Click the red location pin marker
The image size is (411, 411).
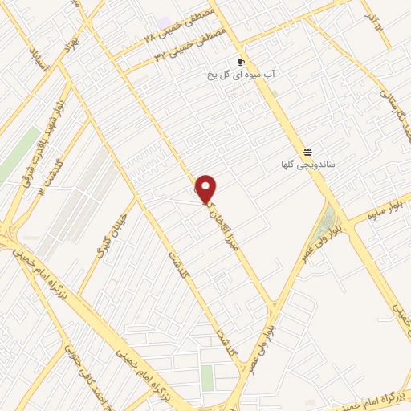coord(206,189)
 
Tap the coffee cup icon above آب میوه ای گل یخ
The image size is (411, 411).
coord(241,63)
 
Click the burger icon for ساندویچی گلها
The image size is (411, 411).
coord(307,153)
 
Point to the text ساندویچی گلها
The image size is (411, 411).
coord(307,165)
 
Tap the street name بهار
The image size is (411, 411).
coord(73,38)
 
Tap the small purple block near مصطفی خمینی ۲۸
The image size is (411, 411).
coord(165,21)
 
